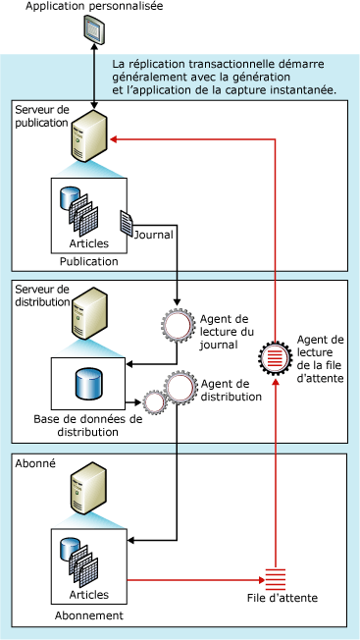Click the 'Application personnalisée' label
[94, 8]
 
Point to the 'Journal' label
[157, 235]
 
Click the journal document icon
[128, 222]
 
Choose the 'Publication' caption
[88, 261]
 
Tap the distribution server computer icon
[90, 312]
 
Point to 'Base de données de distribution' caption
[88, 425]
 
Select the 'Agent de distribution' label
[231, 391]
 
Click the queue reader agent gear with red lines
[277, 355]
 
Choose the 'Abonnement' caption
[88, 615]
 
